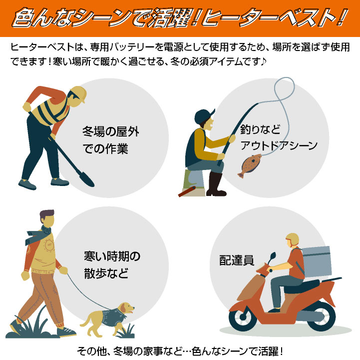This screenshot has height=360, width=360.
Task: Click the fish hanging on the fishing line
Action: click(250, 165)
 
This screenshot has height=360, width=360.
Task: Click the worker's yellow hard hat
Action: click(79, 93)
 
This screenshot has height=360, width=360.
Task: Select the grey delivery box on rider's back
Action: click(317, 261)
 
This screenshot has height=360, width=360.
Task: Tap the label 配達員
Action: click(237, 260)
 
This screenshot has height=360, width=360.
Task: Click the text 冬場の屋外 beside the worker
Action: click(111, 131)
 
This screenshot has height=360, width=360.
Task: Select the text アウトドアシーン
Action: click(279, 145)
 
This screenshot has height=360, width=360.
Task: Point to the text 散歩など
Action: click(106, 273)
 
